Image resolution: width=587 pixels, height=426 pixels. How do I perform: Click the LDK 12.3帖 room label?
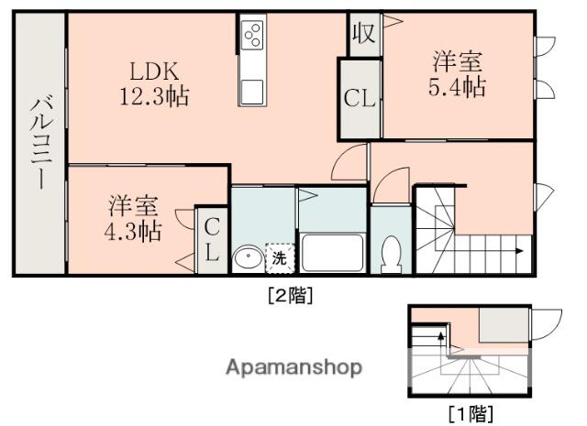tap(152, 83)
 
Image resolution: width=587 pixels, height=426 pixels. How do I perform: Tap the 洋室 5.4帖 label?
tap(458, 75)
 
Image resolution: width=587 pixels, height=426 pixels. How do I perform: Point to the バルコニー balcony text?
tap(39, 141)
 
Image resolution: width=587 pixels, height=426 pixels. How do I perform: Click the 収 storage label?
tap(362, 33)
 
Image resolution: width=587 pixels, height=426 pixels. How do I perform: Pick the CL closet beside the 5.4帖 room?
tap(360, 98)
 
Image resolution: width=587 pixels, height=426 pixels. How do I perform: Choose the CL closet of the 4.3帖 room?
tap(211, 240)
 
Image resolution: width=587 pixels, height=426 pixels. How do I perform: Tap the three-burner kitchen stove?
tap(251, 36)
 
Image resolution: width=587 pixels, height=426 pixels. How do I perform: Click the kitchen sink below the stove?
tap(251, 91)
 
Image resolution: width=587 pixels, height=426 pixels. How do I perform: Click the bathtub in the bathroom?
tap(333, 252)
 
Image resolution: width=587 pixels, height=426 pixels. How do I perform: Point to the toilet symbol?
tap(392, 254)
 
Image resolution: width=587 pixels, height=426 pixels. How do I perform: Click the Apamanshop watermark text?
tap(293, 368)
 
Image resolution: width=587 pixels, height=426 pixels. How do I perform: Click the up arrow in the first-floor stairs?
tap(442, 342)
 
